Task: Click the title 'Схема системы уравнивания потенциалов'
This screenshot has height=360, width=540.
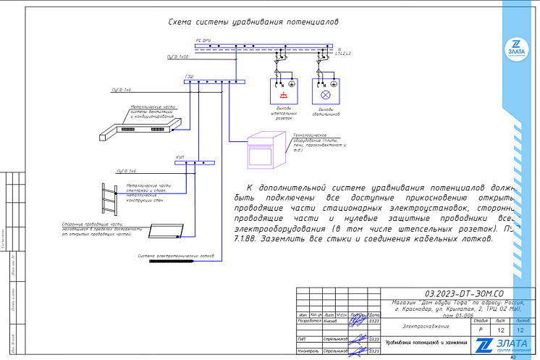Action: coord(253,22)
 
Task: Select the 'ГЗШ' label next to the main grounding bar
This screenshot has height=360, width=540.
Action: coord(189,76)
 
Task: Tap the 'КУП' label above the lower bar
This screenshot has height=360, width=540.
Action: coord(180,157)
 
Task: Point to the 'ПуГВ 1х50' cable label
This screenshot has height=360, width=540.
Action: coord(177,56)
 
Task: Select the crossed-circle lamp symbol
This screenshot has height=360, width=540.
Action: coord(325,95)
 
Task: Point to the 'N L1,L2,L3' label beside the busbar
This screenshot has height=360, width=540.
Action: coord(342,51)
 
